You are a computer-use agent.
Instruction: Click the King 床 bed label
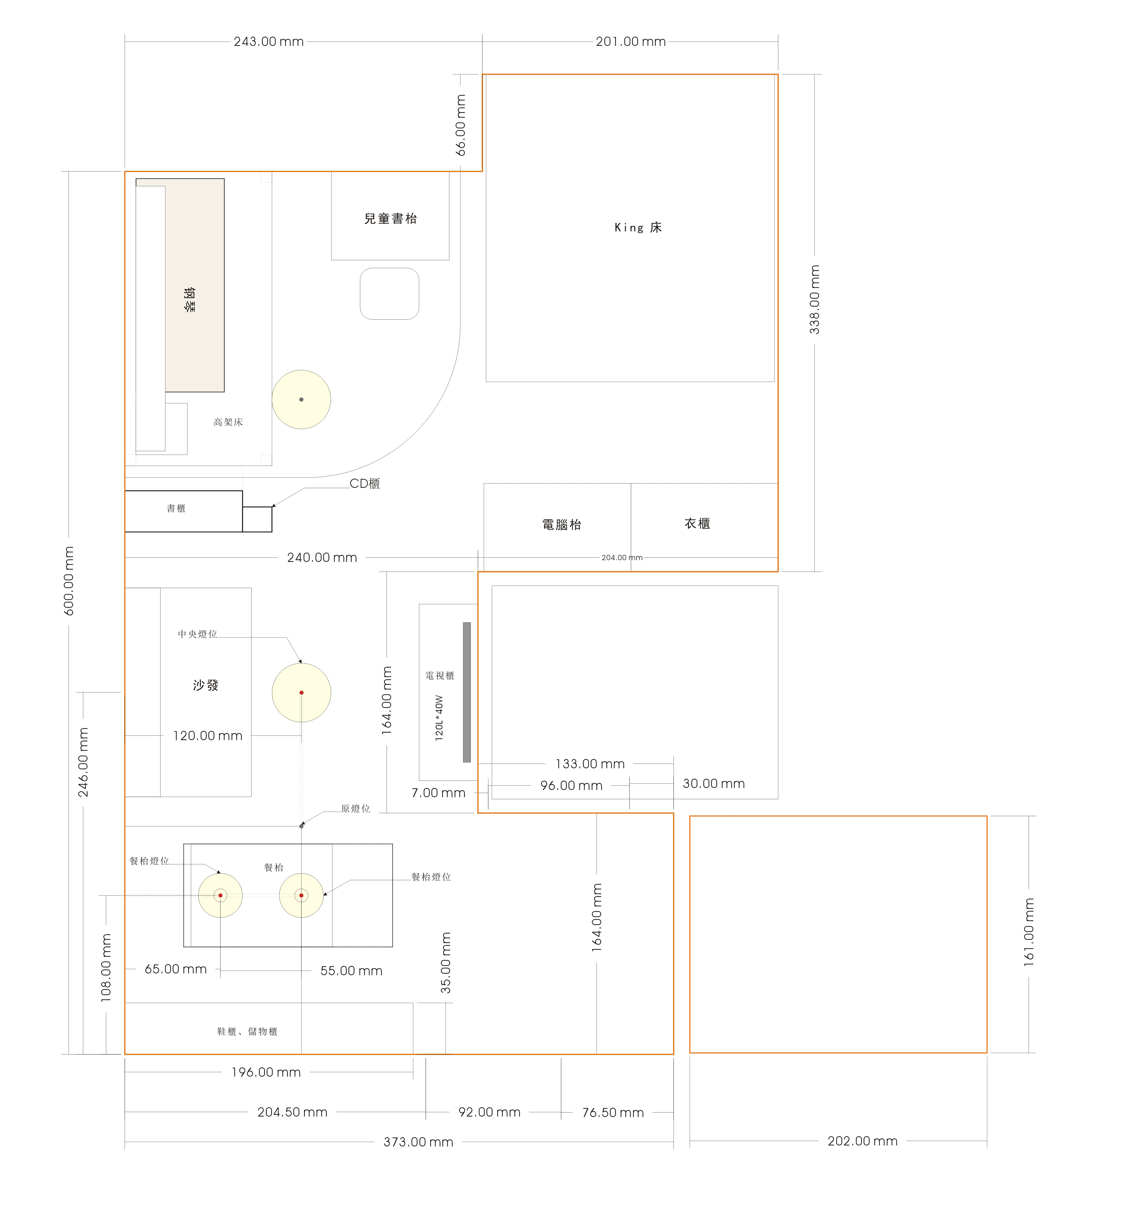[638, 228]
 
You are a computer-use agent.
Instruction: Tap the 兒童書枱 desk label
[390, 218]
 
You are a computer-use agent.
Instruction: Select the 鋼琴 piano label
[190, 300]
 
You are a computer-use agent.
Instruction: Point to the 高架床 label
[228, 422]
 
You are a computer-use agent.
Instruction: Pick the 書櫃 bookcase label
[176, 508]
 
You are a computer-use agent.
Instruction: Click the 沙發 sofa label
[206, 685]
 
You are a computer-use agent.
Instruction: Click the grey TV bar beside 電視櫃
[467, 692]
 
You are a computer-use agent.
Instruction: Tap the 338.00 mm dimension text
[814, 300]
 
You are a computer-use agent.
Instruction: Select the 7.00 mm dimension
[439, 792]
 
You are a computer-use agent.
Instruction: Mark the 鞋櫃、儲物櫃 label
[247, 1031]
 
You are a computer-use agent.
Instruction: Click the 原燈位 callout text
[356, 808]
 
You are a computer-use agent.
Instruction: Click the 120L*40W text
[439, 718]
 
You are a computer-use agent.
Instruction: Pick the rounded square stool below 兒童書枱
[390, 294]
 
